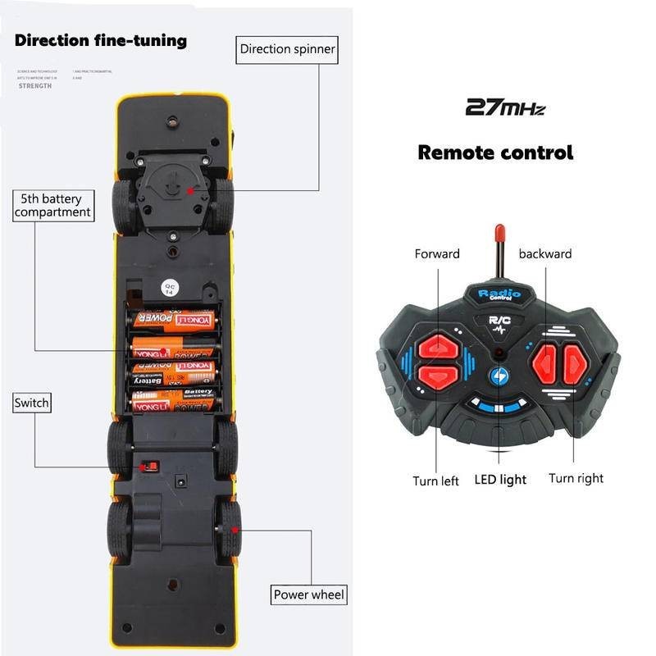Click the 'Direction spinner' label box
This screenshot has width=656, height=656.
click(x=287, y=49)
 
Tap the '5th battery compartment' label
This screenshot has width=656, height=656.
click(x=52, y=205)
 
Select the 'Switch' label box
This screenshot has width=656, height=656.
click(x=32, y=403)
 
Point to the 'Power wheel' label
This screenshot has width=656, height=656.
click(x=309, y=594)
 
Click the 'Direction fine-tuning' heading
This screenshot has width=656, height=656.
click(x=101, y=40)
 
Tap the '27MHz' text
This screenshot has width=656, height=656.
click(x=504, y=107)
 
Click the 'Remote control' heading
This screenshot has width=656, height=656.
click(x=495, y=152)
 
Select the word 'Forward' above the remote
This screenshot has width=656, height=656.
click(x=437, y=254)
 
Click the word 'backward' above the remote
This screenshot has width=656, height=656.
click(x=544, y=254)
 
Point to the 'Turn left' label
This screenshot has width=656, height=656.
click(x=435, y=481)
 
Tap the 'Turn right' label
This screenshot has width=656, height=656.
click(x=576, y=478)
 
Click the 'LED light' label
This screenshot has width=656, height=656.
click(x=500, y=479)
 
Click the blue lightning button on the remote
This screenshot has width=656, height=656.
click(x=499, y=376)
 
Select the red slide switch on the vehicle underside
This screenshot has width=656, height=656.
click(x=149, y=467)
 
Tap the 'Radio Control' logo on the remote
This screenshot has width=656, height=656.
click(x=494, y=295)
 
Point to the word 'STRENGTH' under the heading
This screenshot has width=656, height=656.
click(x=35, y=85)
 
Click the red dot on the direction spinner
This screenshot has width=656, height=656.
click(x=190, y=189)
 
